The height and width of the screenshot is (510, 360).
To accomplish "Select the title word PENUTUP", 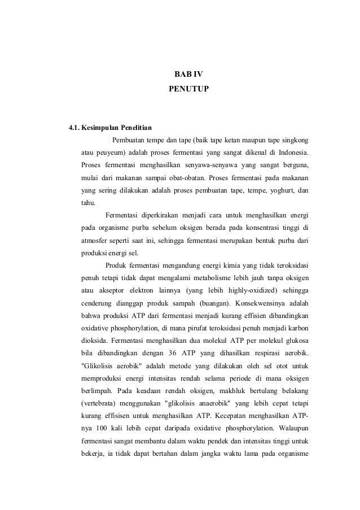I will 188,89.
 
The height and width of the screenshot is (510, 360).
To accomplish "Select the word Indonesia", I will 292,152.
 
